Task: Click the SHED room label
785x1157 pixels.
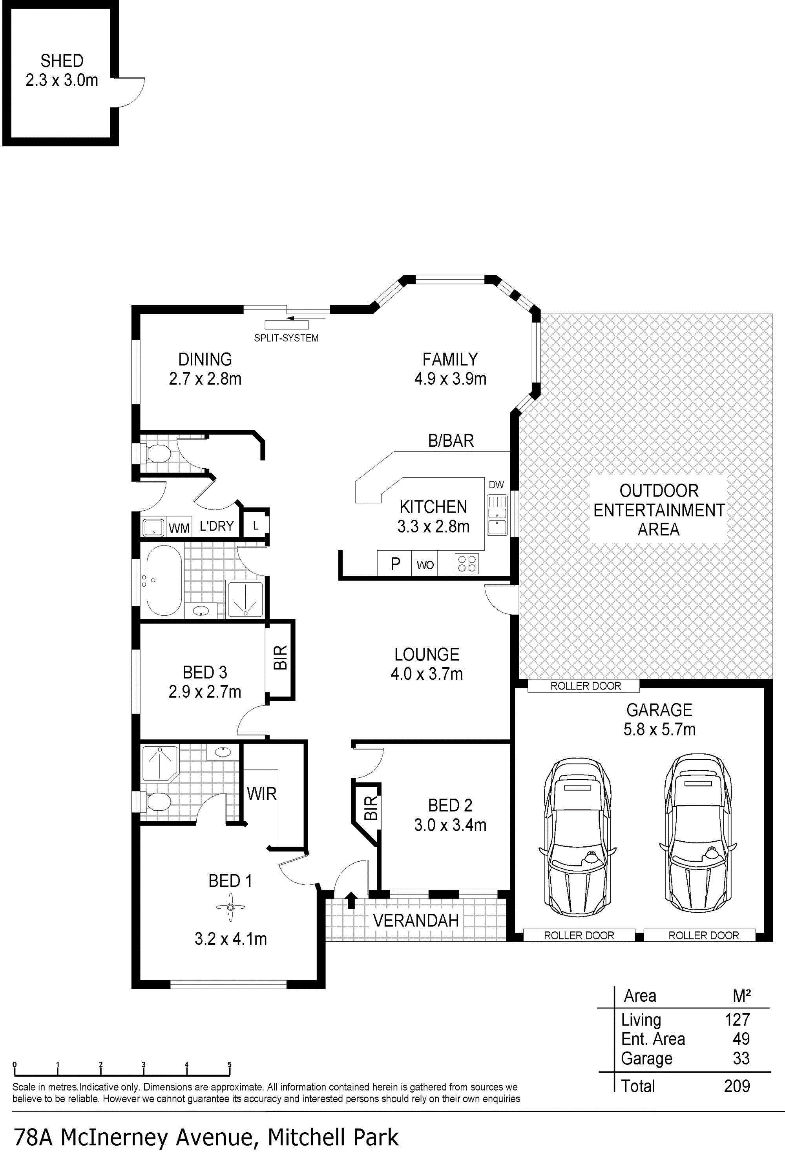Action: [62, 61]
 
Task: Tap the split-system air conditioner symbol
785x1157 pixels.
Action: [287, 325]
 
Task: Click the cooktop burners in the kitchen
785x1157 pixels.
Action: [467, 564]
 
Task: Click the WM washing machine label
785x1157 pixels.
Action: [179, 528]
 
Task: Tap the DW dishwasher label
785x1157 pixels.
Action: [496, 484]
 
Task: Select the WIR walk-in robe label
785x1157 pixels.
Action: [261, 793]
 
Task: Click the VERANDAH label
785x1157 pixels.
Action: [416, 921]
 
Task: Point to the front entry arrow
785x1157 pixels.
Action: [351, 900]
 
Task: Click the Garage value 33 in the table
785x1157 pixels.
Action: [741, 1058]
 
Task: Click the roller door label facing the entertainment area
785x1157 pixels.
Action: [585, 686]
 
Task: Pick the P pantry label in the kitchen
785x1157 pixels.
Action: [396, 564]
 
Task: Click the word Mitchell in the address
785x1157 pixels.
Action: [305, 1137]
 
